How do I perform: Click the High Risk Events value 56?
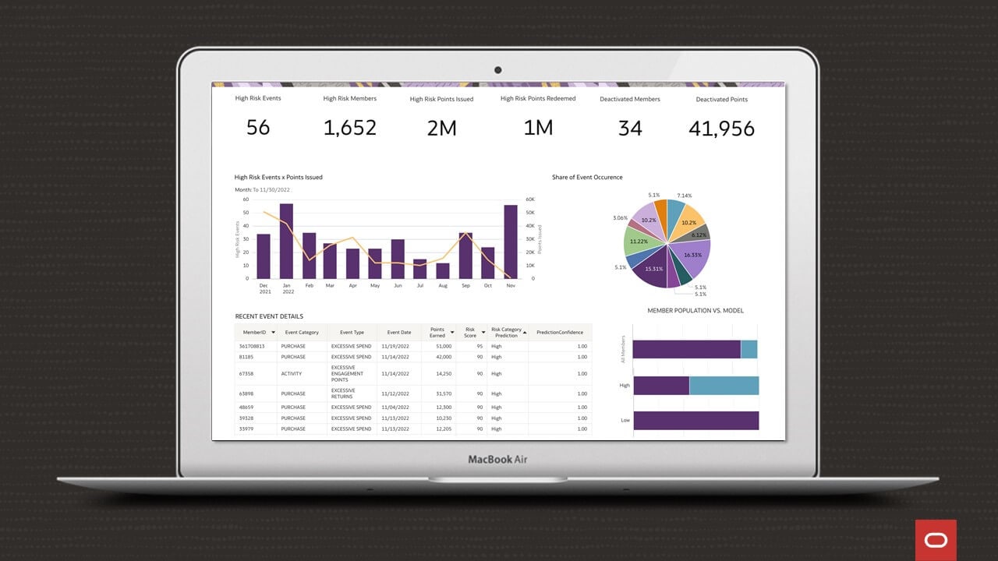coord(258,127)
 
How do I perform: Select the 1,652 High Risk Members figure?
coord(350,128)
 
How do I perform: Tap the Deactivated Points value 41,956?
coord(721,129)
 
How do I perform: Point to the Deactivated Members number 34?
coord(630,128)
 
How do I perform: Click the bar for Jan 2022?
coord(286,241)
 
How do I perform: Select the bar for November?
coord(511,242)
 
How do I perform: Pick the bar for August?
coord(443,270)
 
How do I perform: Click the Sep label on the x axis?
coord(465,285)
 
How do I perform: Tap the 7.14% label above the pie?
coord(684,196)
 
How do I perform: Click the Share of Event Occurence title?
coord(587,178)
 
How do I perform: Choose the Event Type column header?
coord(352,333)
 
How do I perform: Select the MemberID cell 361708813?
coord(252,346)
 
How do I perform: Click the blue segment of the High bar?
coord(724,386)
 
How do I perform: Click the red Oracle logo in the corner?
coord(936,539)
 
